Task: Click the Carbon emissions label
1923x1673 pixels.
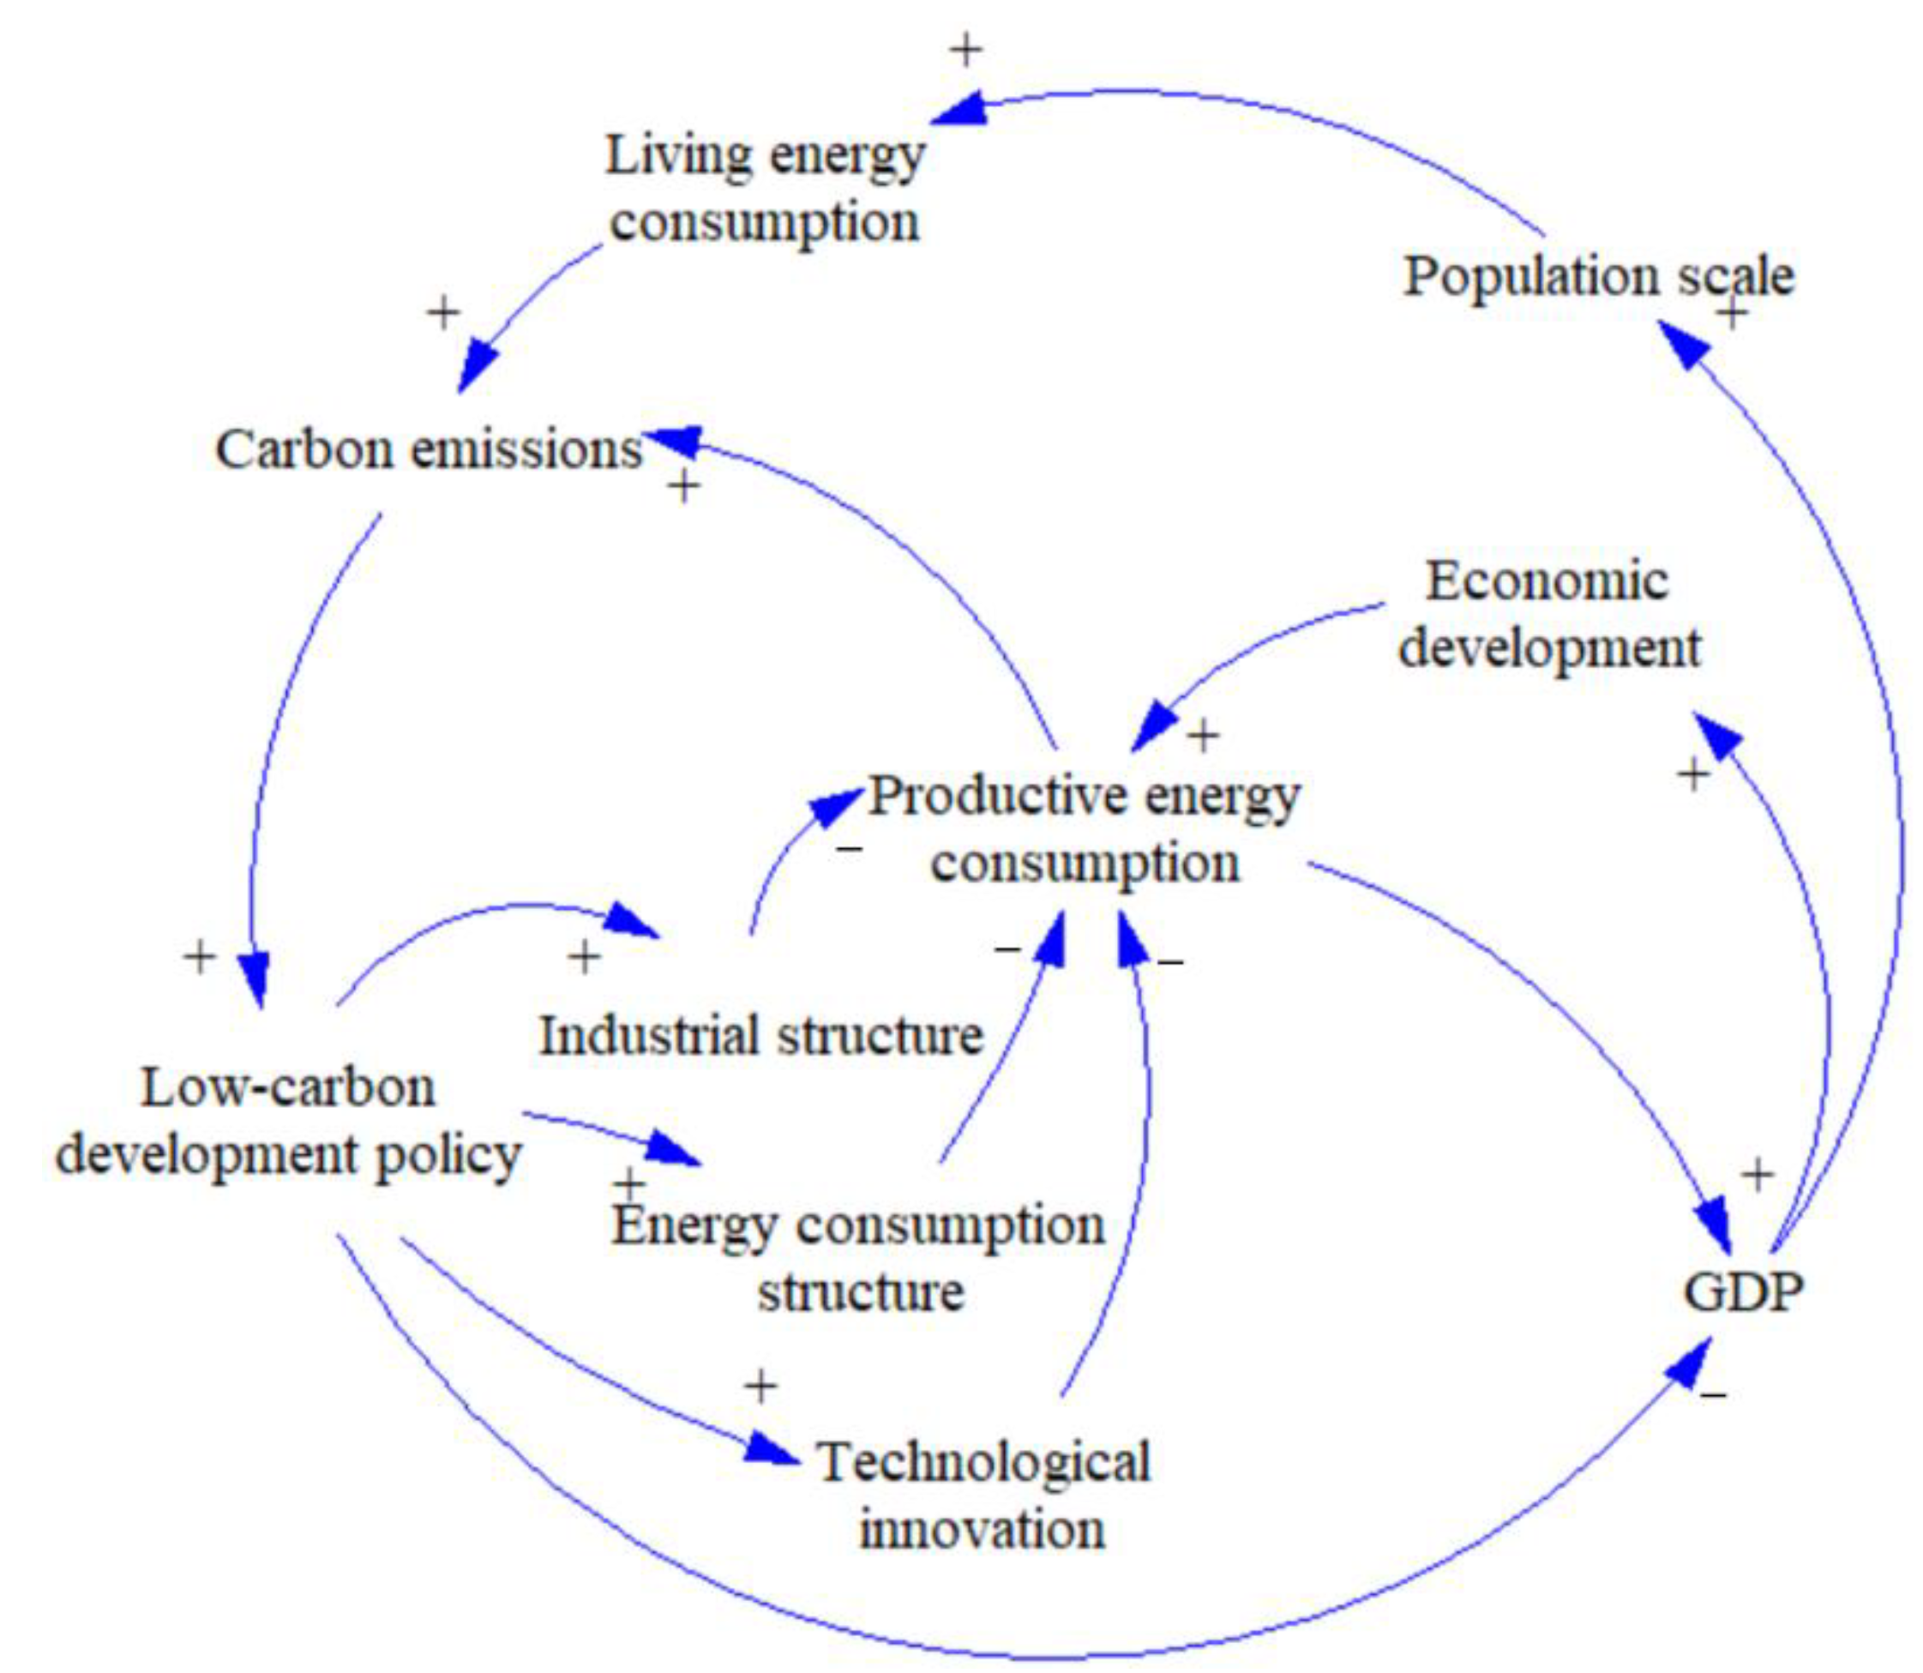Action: click(429, 450)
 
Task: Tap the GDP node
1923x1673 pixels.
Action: click(1742, 1293)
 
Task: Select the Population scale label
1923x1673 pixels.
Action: click(1598, 276)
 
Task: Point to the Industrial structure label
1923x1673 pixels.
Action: click(760, 1035)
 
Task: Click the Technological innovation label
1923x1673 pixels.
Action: click(983, 1495)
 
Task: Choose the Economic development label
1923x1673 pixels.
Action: click(1548, 614)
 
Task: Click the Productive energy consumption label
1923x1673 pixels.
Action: click(1085, 828)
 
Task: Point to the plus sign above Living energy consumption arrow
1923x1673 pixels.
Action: click(966, 50)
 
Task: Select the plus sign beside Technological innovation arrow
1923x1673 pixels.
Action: click(760, 1386)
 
